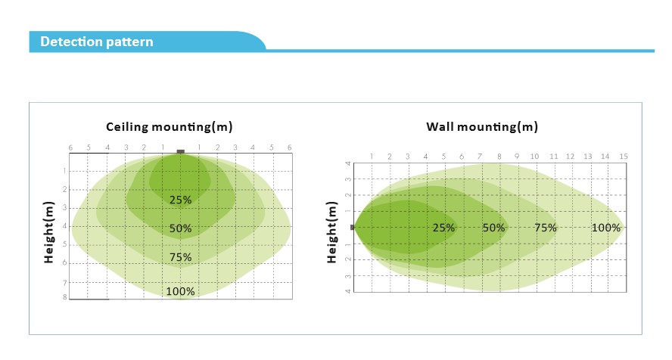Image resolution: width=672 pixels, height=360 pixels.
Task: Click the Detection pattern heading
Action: pos(96,42)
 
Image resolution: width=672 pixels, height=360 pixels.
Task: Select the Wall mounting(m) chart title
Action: pos(482,126)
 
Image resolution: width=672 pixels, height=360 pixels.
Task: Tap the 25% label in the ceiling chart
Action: pos(180,200)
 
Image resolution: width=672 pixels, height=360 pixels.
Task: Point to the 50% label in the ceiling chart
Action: pos(180,228)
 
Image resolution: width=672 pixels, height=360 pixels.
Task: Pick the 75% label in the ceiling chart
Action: pos(180,257)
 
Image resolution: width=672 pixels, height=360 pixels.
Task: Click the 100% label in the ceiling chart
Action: pos(180,291)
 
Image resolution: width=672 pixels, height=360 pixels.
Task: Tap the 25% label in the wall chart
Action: pos(443,228)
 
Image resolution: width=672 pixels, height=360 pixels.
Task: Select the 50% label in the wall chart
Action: pos(493,228)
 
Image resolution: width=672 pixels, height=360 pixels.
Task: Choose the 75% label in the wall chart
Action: pos(546,228)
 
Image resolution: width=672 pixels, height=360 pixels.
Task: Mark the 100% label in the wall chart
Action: pos(606,228)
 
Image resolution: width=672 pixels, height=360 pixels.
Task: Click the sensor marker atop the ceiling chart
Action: pos(180,152)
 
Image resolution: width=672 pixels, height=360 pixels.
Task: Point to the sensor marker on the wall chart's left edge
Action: pos(352,227)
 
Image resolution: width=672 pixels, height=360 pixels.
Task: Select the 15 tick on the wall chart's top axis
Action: pos(624,157)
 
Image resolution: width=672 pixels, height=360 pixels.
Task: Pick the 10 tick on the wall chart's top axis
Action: pos(534,157)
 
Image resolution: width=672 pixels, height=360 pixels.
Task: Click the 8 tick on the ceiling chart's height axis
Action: pos(65,298)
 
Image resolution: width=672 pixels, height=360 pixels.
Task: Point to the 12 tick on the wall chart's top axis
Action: pos(570,157)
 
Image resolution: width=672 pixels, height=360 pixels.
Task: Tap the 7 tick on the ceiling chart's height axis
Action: pos(65,282)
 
